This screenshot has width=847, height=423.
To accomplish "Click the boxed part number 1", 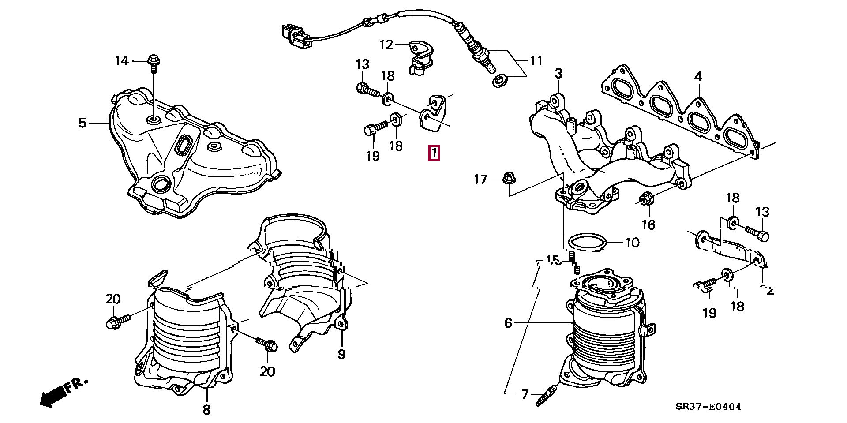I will click(434, 153).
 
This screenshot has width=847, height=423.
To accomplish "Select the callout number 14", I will click(122, 60).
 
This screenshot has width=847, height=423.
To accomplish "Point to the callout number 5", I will click(82, 123).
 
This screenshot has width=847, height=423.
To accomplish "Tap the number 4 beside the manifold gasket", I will click(697, 77).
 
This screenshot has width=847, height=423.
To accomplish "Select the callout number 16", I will click(648, 225).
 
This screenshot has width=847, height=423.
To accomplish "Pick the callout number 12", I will click(386, 45).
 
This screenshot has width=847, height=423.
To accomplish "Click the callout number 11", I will click(536, 60).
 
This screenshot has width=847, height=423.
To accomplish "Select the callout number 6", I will click(508, 323).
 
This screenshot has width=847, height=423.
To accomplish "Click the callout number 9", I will click(341, 354).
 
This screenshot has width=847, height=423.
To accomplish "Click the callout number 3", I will click(558, 73).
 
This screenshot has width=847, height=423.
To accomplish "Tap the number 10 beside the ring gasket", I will click(632, 242).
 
